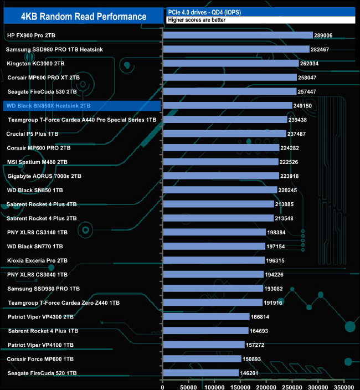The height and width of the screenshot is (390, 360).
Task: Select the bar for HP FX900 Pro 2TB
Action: (x=238, y=35)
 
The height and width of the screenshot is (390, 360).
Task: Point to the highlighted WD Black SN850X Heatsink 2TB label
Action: (x=48, y=105)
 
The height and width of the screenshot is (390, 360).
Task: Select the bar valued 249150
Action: (x=227, y=105)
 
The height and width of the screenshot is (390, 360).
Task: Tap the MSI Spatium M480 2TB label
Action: (x=37, y=162)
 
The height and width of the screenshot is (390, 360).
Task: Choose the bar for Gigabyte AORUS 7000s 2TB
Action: (x=220, y=176)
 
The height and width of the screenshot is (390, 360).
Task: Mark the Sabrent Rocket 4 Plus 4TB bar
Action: (x=218, y=204)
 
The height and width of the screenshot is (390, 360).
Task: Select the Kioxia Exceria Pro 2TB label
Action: (x=37, y=260)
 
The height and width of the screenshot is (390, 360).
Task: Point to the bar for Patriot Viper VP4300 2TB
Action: (x=205, y=317)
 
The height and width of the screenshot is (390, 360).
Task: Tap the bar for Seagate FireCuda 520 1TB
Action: (x=200, y=373)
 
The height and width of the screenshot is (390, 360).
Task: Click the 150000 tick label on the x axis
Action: (x=240, y=383)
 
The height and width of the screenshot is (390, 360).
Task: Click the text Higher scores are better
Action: (x=194, y=20)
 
